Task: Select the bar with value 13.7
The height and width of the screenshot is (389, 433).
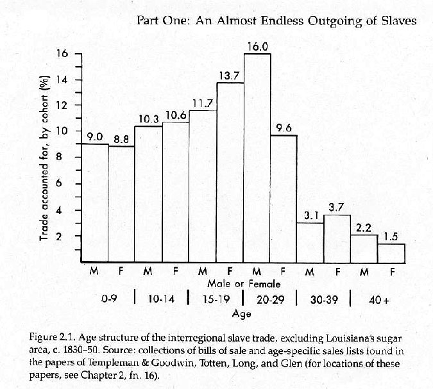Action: (230, 172)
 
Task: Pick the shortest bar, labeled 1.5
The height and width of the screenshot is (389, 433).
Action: (391, 253)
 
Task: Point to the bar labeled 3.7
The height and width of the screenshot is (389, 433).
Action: (337, 238)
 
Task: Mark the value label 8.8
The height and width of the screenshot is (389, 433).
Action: (122, 138)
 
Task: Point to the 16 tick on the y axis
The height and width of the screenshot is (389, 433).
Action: (62, 54)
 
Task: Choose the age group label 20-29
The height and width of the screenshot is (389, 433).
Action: (270, 298)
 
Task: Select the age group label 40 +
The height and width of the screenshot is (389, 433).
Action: (378, 298)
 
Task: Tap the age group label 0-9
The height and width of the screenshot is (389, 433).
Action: (109, 298)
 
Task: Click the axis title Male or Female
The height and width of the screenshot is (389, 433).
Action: (243, 283)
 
